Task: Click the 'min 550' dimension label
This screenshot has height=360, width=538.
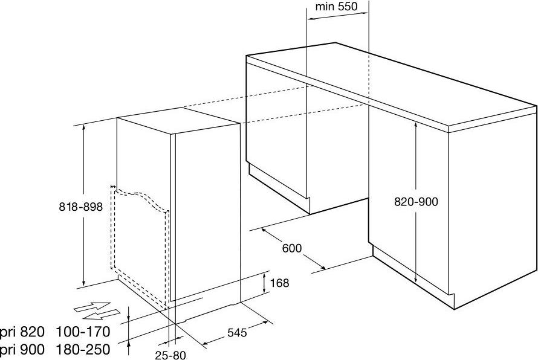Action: click(x=336, y=7)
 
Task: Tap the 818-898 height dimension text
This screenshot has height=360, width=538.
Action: click(x=81, y=207)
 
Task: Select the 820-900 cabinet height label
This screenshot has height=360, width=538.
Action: click(x=416, y=202)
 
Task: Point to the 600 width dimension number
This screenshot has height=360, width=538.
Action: click(x=292, y=248)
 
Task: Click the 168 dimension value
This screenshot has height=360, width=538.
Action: click(x=280, y=283)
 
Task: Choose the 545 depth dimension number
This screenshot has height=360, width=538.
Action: click(x=237, y=332)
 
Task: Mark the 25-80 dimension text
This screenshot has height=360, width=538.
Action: click(x=170, y=355)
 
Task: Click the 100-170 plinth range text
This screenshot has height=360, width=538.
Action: click(x=83, y=332)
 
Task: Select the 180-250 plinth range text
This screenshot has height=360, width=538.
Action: click(x=83, y=349)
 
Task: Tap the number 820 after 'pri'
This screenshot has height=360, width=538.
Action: click(x=33, y=332)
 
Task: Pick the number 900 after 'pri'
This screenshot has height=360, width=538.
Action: click(x=33, y=349)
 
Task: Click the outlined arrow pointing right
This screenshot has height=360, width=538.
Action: click(x=92, y=306)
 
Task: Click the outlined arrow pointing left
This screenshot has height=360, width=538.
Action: click(x=102, y=313)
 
